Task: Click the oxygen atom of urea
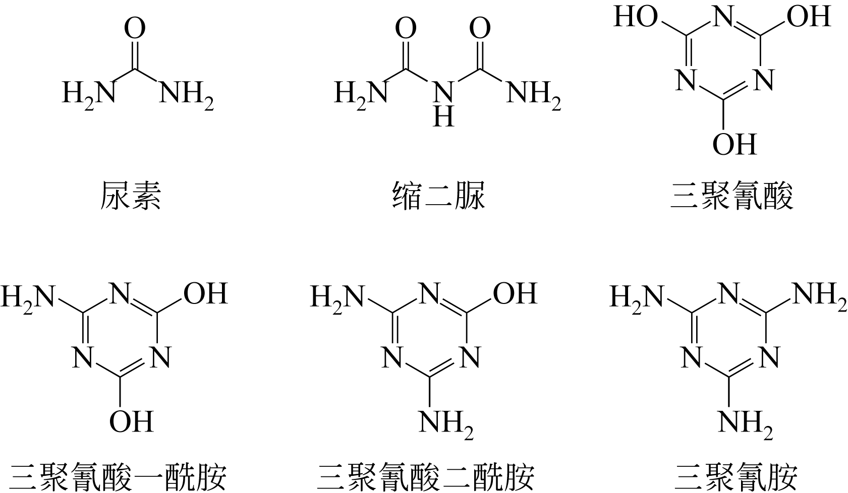tap(135, 29)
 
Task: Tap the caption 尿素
tap(131, 196)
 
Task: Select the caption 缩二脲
tap(439, 196)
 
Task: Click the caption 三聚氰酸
tap(731, 196)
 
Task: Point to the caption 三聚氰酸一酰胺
tap(119, 476)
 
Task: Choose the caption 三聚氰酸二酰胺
tap(426, 476)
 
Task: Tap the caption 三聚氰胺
tap(737, 476)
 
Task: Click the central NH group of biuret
tap(443, 103)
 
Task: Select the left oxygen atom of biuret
tap(406, 29)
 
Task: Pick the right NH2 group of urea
tap(186, 93)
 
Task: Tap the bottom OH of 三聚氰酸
tap(734, 144)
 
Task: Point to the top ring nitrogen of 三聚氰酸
tap(722, 18)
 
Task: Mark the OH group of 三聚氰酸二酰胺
tap(515, 293)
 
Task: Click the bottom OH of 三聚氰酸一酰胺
tap(131, 421)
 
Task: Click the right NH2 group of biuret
tap(533, 93)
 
